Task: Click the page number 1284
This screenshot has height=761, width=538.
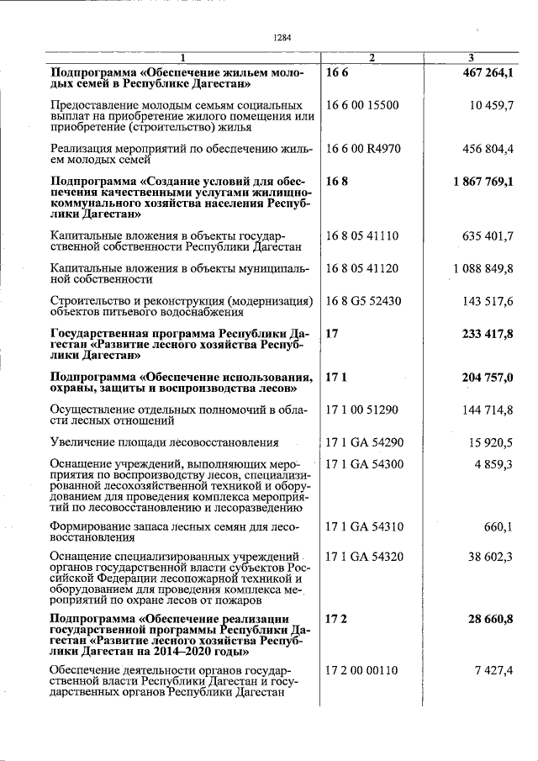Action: (282, 37)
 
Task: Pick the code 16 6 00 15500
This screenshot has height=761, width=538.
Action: (361, 105)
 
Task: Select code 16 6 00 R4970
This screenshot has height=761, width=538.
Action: (362, 149)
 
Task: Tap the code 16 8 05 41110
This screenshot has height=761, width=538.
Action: (362, 236)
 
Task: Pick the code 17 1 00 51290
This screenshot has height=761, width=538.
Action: (361, 410)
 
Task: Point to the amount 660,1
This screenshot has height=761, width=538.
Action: (498, 527)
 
